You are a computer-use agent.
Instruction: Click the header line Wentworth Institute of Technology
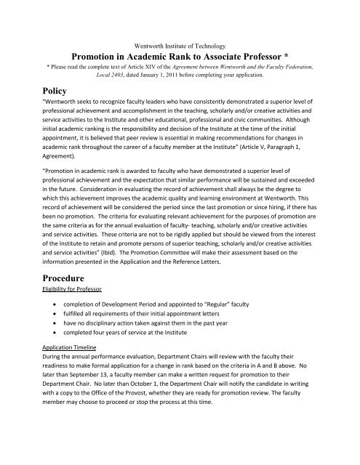[x=180, y=46]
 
